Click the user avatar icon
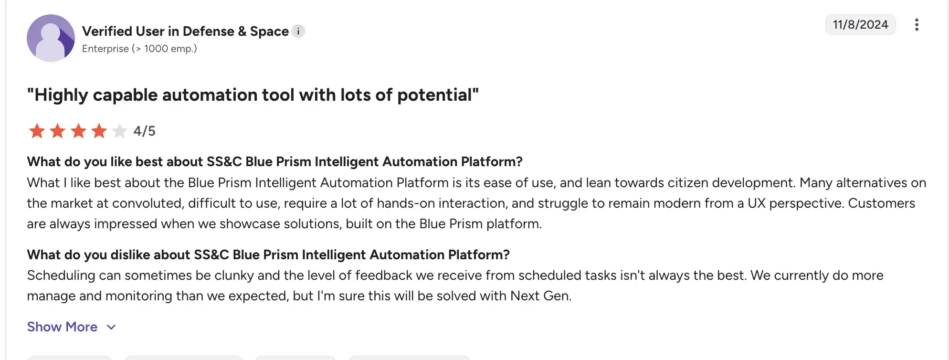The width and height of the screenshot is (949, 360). coord(51,38)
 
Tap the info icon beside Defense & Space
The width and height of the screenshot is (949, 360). coord(298,32)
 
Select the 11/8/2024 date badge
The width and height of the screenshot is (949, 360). coord(860,25)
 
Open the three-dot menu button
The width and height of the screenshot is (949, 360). coord(917,25)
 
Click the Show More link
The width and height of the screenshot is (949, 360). coord(62,327)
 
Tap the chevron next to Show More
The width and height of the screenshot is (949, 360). coord(111,327)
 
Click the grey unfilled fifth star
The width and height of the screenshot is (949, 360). coord(119,130)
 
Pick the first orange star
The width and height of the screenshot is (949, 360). coord(37,130)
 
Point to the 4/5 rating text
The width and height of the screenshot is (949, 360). coord(144,131)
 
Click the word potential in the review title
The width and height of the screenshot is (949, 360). coord(434,95)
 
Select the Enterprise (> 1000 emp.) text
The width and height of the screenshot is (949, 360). coord(139,49)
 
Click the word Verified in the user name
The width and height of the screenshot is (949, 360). coord(107,32)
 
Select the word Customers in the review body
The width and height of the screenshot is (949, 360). coord(881,203)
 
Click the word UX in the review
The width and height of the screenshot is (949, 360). coord(756,203)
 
